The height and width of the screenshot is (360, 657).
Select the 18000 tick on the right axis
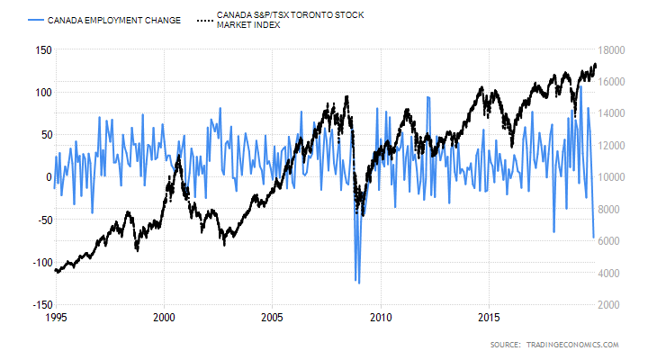(612, 50)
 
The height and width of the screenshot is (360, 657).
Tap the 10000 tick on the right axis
(612, 177)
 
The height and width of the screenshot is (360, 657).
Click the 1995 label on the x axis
(56, 318)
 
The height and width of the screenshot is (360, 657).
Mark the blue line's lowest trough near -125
(358, 283)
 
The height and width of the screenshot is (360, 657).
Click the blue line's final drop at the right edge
(594, 237)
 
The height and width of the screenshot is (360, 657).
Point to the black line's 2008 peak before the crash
(347, 94)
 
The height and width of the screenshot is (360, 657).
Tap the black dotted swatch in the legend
(203, 19)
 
